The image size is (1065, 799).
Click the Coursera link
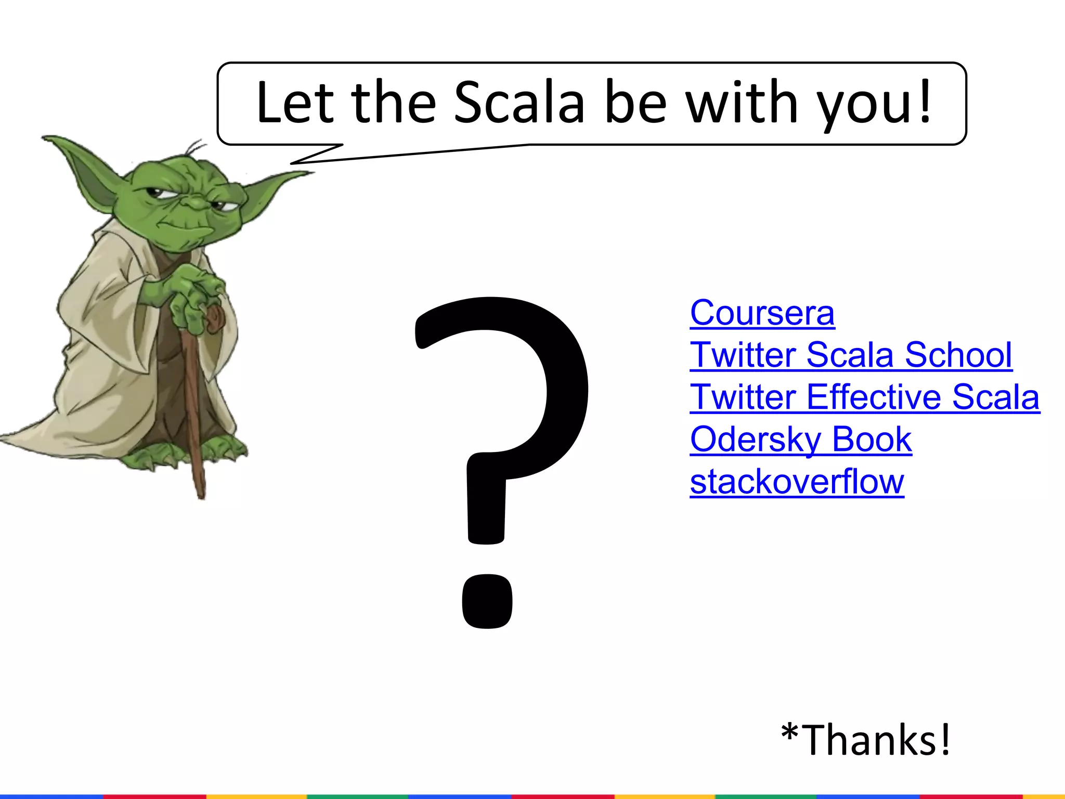[x=762, y=313]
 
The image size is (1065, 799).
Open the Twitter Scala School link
[x=851, y=355]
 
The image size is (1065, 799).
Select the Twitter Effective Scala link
[x=864, y=397]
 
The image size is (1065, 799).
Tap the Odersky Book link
[x=801, y=440]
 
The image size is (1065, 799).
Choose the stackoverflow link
[x=797, y=482]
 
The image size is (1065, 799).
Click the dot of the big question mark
[x=487, y=601]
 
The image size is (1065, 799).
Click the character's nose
[x=195, y=202]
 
